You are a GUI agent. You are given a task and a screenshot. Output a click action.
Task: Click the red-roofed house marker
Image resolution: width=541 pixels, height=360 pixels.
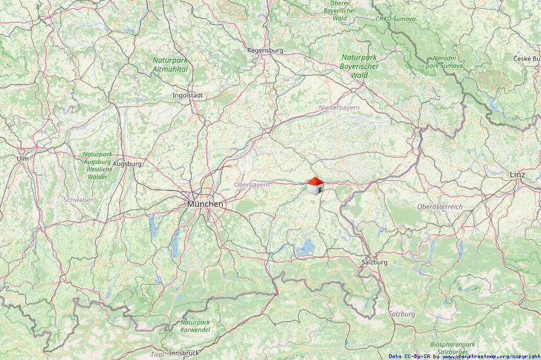[x=315, y=185]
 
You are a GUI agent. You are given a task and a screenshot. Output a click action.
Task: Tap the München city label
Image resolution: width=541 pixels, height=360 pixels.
[x=205, y=204]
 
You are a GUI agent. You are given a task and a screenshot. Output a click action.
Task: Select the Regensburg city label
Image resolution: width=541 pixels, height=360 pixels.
[x=265, y=50]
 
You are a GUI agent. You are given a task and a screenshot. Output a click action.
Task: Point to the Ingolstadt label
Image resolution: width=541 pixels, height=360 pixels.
[x=187, y=96]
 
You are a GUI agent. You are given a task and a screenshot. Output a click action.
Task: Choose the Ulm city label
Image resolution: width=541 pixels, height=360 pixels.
[x=23, y=158]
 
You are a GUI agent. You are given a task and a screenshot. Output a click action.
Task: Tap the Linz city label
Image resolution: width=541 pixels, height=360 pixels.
[x=517, y=174]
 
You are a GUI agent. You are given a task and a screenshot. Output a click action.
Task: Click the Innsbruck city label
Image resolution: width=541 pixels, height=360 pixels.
[x=185, y=353]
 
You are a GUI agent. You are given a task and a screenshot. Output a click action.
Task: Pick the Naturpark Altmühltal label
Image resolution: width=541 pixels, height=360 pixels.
[x=170, y=65]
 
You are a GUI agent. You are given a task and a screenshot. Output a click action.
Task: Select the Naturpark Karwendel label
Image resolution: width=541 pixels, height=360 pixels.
[x=195, y=326]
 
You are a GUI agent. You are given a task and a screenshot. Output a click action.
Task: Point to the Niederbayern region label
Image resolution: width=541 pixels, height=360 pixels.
[x=339, y=108]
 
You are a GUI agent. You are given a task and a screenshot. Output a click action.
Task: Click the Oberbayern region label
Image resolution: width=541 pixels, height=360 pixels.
[x=252, y=185]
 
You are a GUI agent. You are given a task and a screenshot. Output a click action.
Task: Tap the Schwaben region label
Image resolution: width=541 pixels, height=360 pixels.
[x=78, y=200]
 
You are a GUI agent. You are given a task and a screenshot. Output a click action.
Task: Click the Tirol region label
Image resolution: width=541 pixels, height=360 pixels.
[x=157, y=354]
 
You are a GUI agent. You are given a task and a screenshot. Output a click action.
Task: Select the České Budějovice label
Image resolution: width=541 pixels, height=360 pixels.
[x=526, y=59]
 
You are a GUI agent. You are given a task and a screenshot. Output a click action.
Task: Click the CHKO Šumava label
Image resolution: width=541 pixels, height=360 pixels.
[x=395, y=19]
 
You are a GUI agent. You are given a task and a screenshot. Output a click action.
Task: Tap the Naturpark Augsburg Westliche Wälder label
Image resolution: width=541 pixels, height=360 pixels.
[x=99, y=165]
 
